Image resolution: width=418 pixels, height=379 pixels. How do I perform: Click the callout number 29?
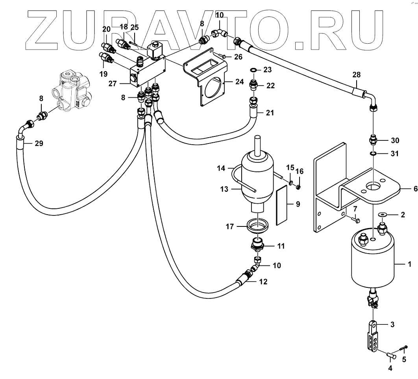[x=39, y=144]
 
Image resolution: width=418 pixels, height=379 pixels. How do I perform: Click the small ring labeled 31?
[x=374, y=153]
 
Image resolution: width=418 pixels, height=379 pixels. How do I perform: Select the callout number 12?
[x=263, y=281]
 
